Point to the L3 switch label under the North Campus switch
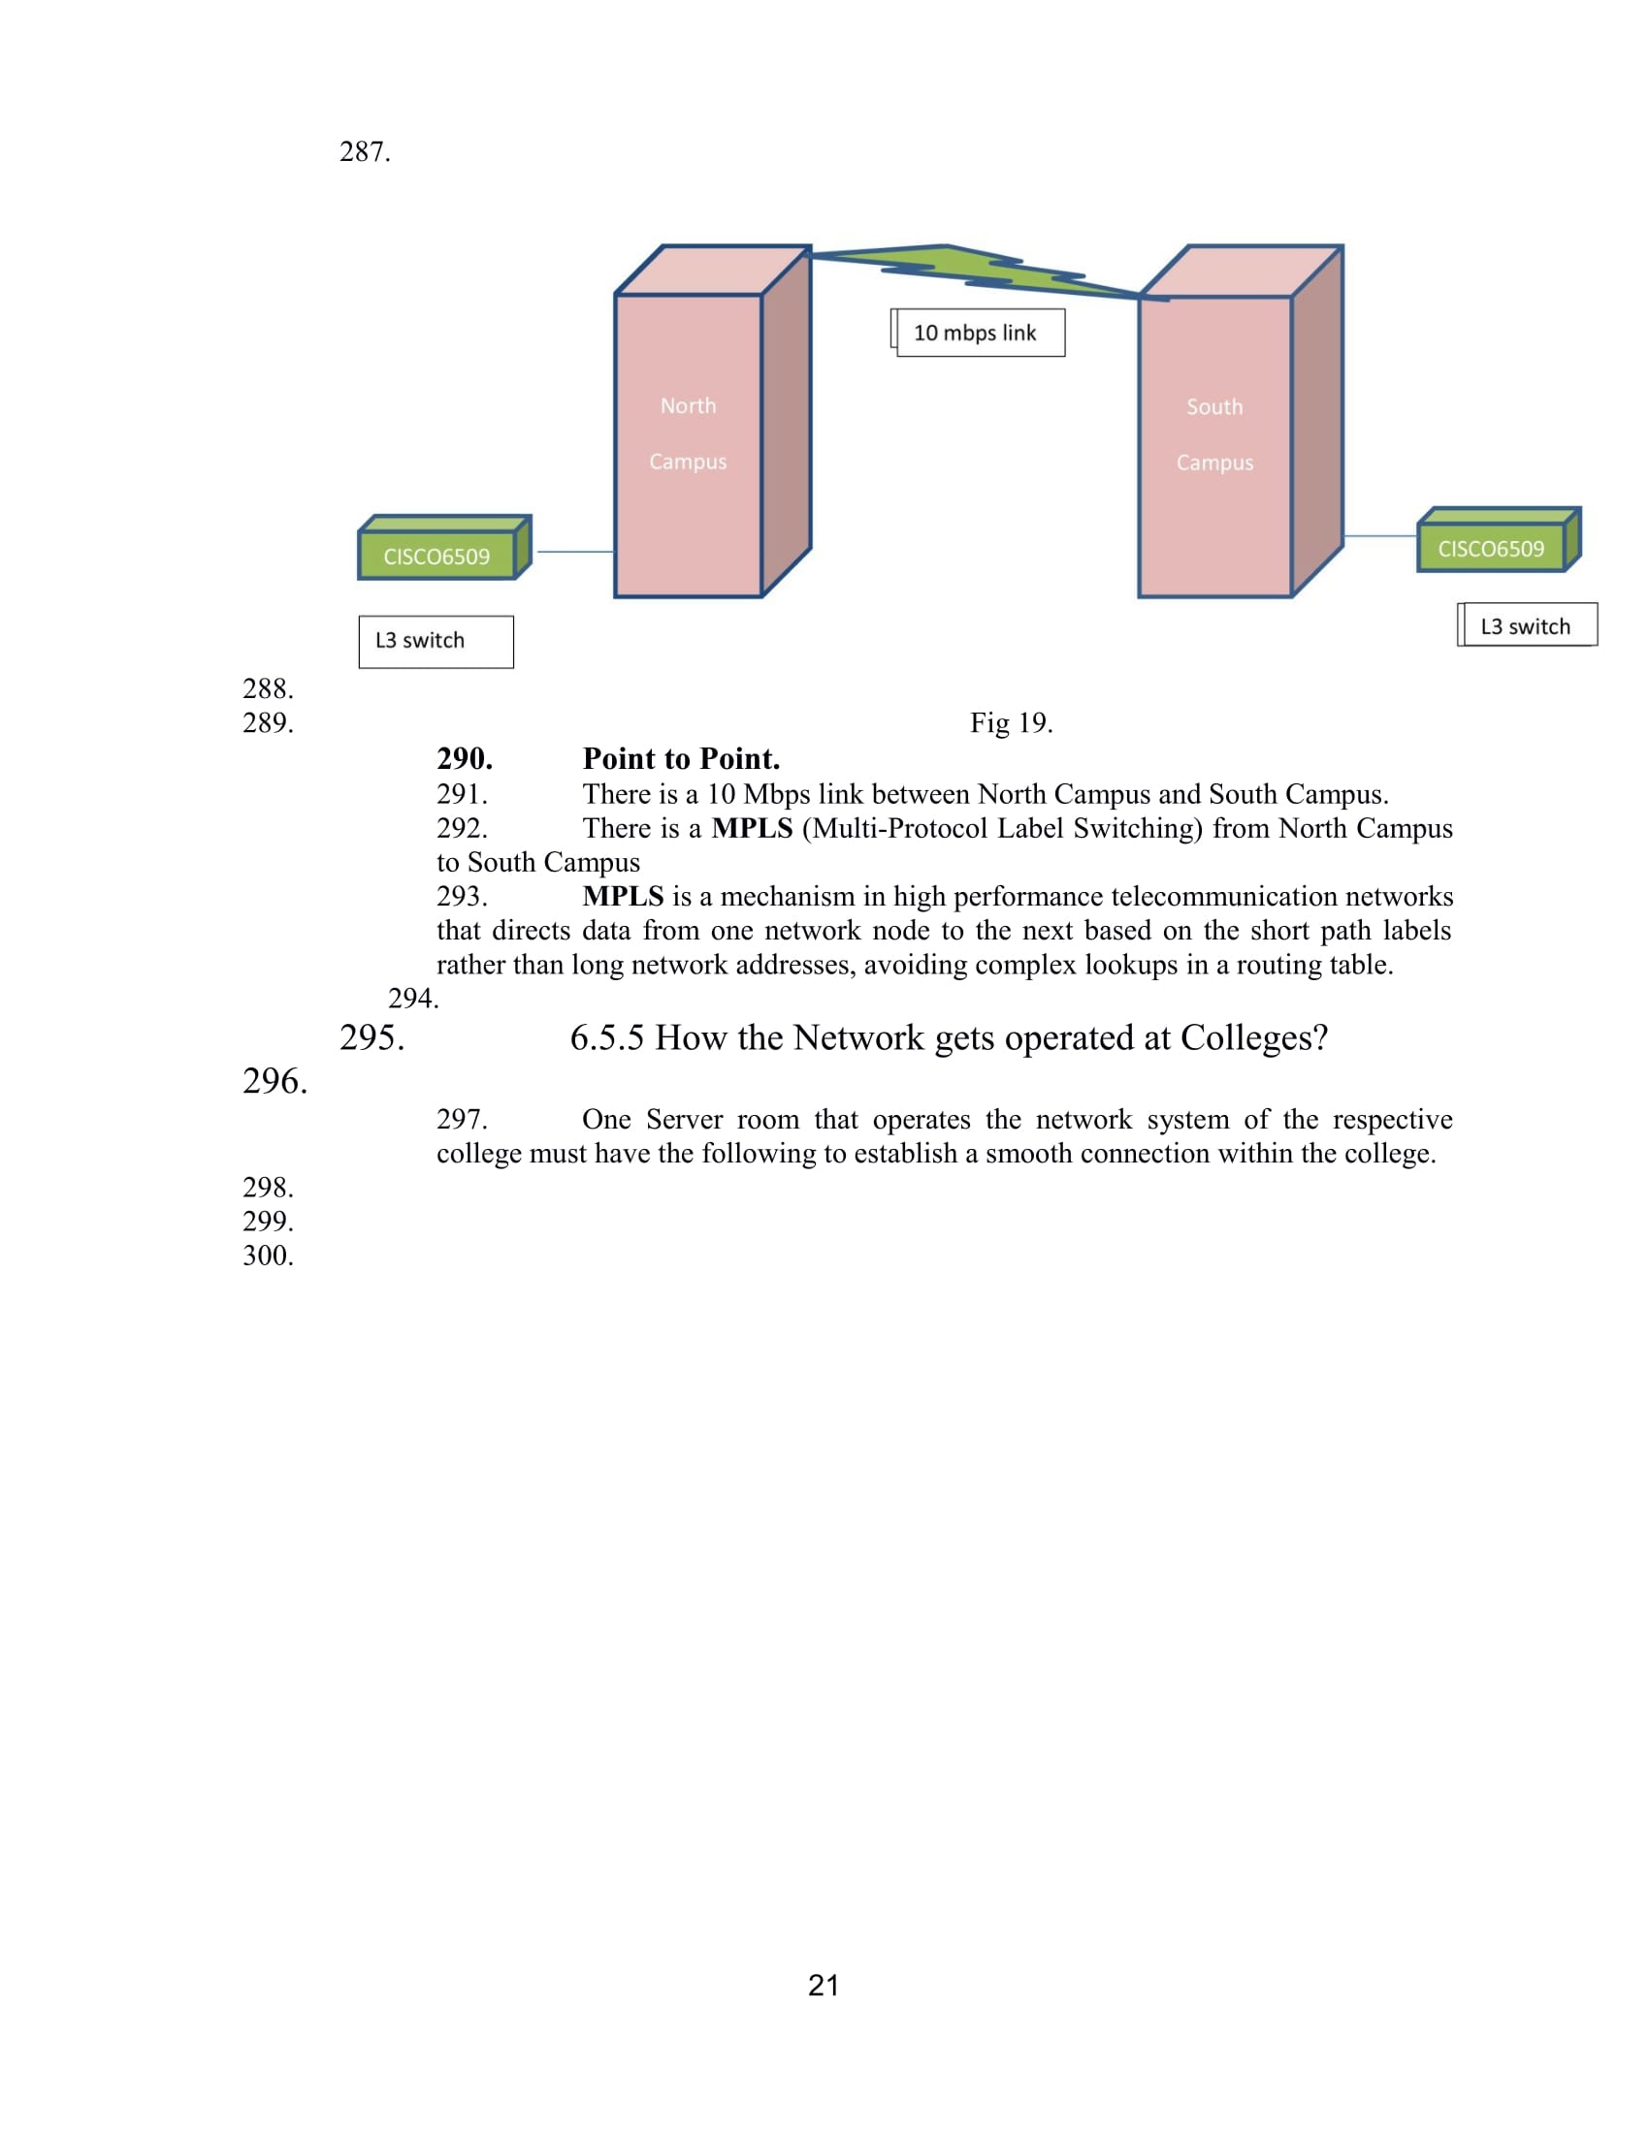click(x=436, y=642)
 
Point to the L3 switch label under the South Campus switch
click(x=1528, y=626)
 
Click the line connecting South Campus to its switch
click(x=1379, y=536)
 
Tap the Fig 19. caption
click(x=1011, y=722)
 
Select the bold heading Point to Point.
click(x=681, y=759)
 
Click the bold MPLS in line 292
click(x=752, y=828)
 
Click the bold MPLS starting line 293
click(x=624, y=897)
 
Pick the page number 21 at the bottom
click(x=824, y=1986)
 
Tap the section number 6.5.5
click(x=606, y=1038)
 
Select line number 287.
click(x=366, y=152)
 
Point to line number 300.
click(x=269, y=1256)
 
